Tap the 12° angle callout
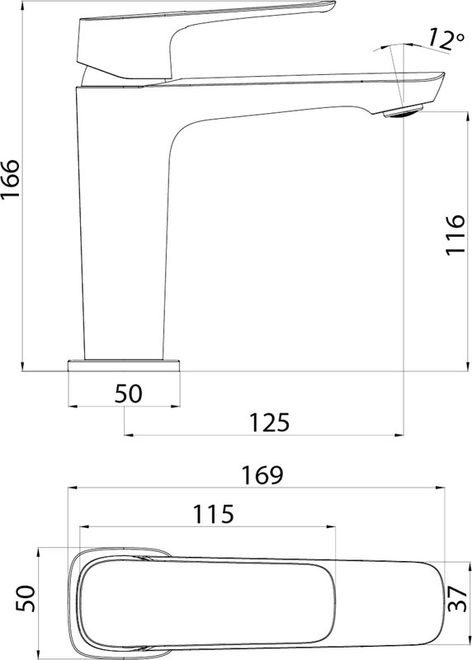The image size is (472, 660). tap(446, 39)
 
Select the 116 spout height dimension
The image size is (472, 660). tap(455, 234)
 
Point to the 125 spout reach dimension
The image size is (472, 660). tap(270, 422)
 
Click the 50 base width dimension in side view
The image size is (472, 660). tap(129, 394)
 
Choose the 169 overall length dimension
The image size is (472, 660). tap(262, 475)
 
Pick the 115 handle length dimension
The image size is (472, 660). tap(213, 514)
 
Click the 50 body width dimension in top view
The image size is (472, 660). tap(26, 598)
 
